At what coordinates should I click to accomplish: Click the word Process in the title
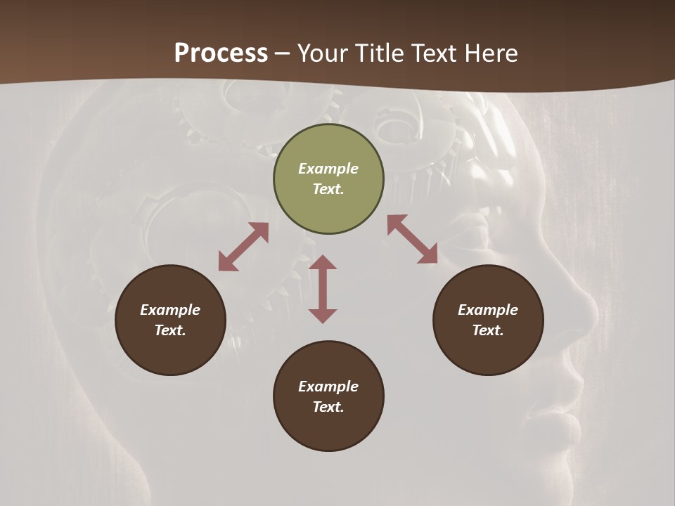click(x=221, y=53)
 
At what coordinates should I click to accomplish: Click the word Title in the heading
click(x=379, y=53)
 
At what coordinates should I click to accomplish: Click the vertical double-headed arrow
click(x=323, y=289)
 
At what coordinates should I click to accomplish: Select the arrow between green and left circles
click(x=243, y=247)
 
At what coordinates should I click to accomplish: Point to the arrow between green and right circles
click(x=412, y=239)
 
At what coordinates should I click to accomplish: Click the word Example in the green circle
click(x=328, y=169)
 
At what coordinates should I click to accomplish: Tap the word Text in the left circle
click(x=170, y=330)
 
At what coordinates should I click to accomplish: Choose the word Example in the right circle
click(x=488, y=310)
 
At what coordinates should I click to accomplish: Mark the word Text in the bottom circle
click(x=328, y=407)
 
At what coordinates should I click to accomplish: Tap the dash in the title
click(x=282, y=53)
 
